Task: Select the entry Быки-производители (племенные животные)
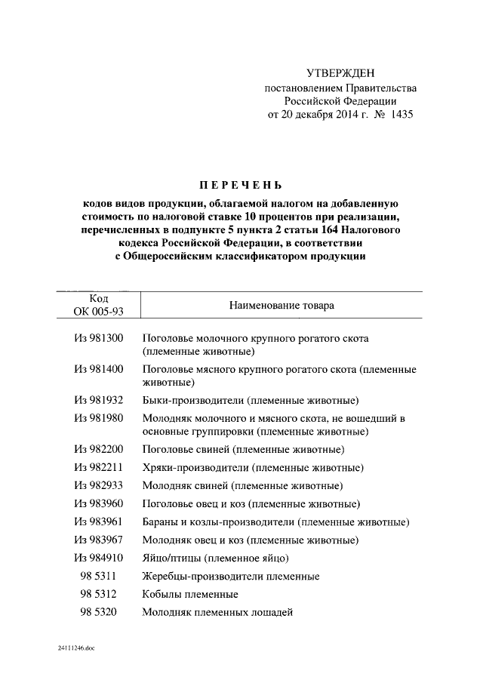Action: [250, 399]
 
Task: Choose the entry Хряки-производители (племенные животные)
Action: [252, 467]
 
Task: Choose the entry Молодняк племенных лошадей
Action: [217, 612]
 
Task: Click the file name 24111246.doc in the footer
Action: [75, 648]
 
